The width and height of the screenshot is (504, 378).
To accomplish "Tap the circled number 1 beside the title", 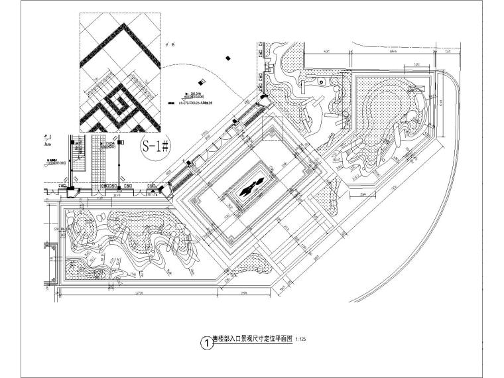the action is point(207,344).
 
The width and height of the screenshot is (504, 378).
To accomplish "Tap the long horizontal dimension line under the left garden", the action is point(133,290).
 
